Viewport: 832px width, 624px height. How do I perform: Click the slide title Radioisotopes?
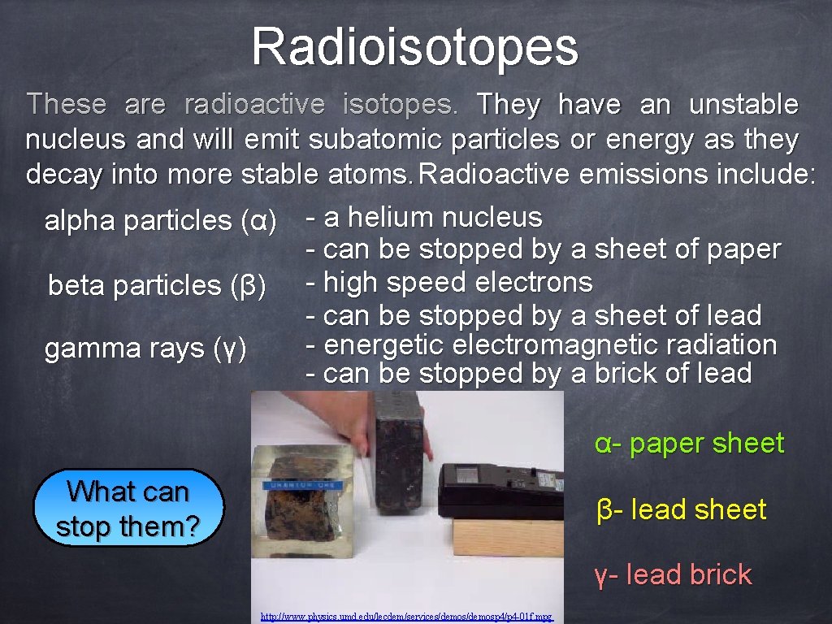(x=414, y=47)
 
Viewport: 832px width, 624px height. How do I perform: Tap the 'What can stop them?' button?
(x=128, y=509)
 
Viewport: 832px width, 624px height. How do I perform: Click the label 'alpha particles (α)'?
(x=160, y=220)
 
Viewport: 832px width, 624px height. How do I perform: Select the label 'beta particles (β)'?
(x=157, y=285)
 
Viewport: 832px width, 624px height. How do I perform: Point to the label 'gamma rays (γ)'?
(x=145, y=349)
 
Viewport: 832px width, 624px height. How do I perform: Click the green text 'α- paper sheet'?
(x=689, y=444)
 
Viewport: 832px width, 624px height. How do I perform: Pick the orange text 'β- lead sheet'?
(x=681, y=509)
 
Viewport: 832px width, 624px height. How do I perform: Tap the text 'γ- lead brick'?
(x=673, y=575)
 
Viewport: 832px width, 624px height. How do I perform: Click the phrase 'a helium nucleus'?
(x=432, y=218)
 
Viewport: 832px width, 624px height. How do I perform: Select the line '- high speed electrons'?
(x=448, y=283)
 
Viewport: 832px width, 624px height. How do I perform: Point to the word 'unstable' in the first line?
(x=743, y=105)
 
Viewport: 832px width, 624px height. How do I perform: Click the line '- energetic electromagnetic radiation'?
(x=540, y=344)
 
